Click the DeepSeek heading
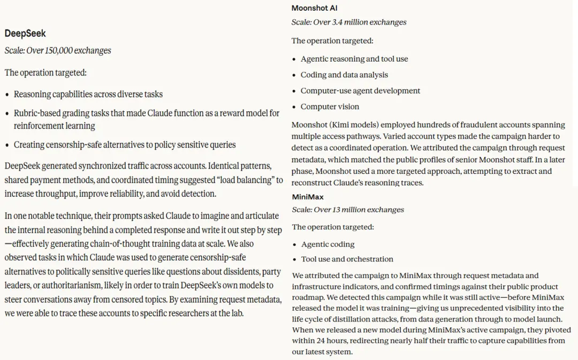coord(25,33)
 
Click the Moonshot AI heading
coord(314,8)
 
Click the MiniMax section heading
coord(308,197)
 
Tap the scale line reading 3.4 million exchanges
coord(348,22)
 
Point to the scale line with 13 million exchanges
coord(348,210)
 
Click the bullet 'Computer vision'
coord(330,106)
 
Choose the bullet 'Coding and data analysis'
coord(344,75)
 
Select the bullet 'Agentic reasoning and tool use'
coord(354,59)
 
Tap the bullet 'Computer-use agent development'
coord(360,91)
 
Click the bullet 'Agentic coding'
coord(328,244)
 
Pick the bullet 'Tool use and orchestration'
coord(347,259)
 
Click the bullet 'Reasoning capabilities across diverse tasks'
coord(88,94)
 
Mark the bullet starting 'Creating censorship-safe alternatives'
coord(125,145)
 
